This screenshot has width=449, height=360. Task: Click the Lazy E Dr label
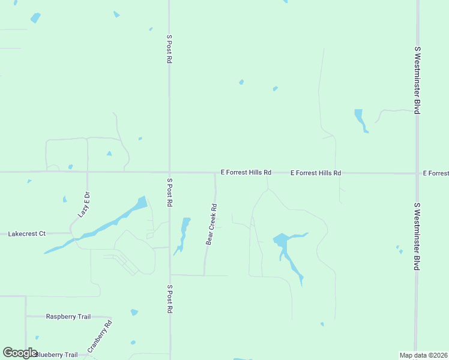[83, 205]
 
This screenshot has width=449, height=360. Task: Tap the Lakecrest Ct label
[26, 233]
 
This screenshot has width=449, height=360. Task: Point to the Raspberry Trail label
[68, 316]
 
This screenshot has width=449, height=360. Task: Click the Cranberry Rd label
[100, 337]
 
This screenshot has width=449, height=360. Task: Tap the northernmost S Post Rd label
[170, 49]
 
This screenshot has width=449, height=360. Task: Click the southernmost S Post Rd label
[170, 299]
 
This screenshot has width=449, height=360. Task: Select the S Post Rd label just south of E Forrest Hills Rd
[170, 193]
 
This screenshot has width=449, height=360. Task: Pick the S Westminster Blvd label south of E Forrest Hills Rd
[417, 236]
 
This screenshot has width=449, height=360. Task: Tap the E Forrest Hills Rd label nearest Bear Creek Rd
[246, 172]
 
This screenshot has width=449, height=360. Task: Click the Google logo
[20, 353]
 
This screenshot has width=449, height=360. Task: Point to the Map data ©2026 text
[423, 355]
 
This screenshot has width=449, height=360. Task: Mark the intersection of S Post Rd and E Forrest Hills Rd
[169, 172]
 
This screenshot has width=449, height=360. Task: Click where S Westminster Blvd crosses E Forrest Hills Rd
[417, 173]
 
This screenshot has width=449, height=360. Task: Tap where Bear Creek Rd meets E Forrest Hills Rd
[215, 173]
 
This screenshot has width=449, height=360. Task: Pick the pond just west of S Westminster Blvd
[360, 119]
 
